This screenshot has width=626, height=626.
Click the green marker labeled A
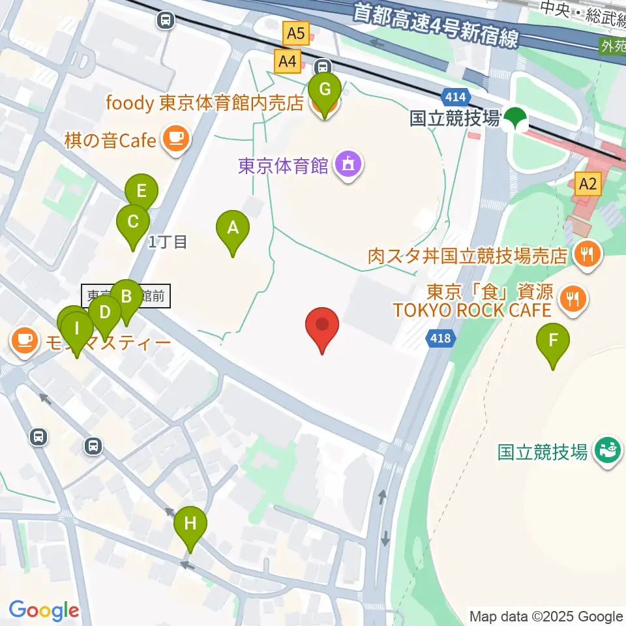tap(232, 228)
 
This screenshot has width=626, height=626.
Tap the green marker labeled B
tap(127, 297)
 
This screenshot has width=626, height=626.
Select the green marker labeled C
tap(132, 222)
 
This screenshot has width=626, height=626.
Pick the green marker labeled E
tap(142, 192)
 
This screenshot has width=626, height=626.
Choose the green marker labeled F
tap(553, 340)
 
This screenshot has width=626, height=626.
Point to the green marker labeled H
tap(190, 524)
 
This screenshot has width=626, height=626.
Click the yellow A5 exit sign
tap(295, 33)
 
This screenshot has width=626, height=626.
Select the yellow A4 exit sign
tap(287, 62)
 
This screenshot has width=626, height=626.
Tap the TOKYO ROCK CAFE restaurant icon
tap(573, 299)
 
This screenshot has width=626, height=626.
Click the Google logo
tap(43, 610)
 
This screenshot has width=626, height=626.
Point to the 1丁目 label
tap(168, 243)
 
